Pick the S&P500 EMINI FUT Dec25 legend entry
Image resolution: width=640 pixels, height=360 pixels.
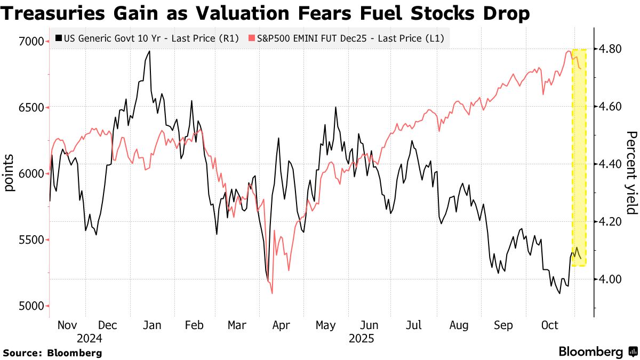click(x=346, y=38)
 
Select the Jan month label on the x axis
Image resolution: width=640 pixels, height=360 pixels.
click(x=153, y=325)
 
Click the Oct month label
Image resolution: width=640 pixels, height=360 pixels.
click(x=549, y=325)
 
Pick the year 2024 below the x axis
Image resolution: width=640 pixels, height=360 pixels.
click(x=89, y=339)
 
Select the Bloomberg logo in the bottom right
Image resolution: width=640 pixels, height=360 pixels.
click(x=597, y=351)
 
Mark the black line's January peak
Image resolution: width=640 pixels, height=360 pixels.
click(x=149, y=51)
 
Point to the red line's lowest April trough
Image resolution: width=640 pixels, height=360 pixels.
click(x=272, y=293)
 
